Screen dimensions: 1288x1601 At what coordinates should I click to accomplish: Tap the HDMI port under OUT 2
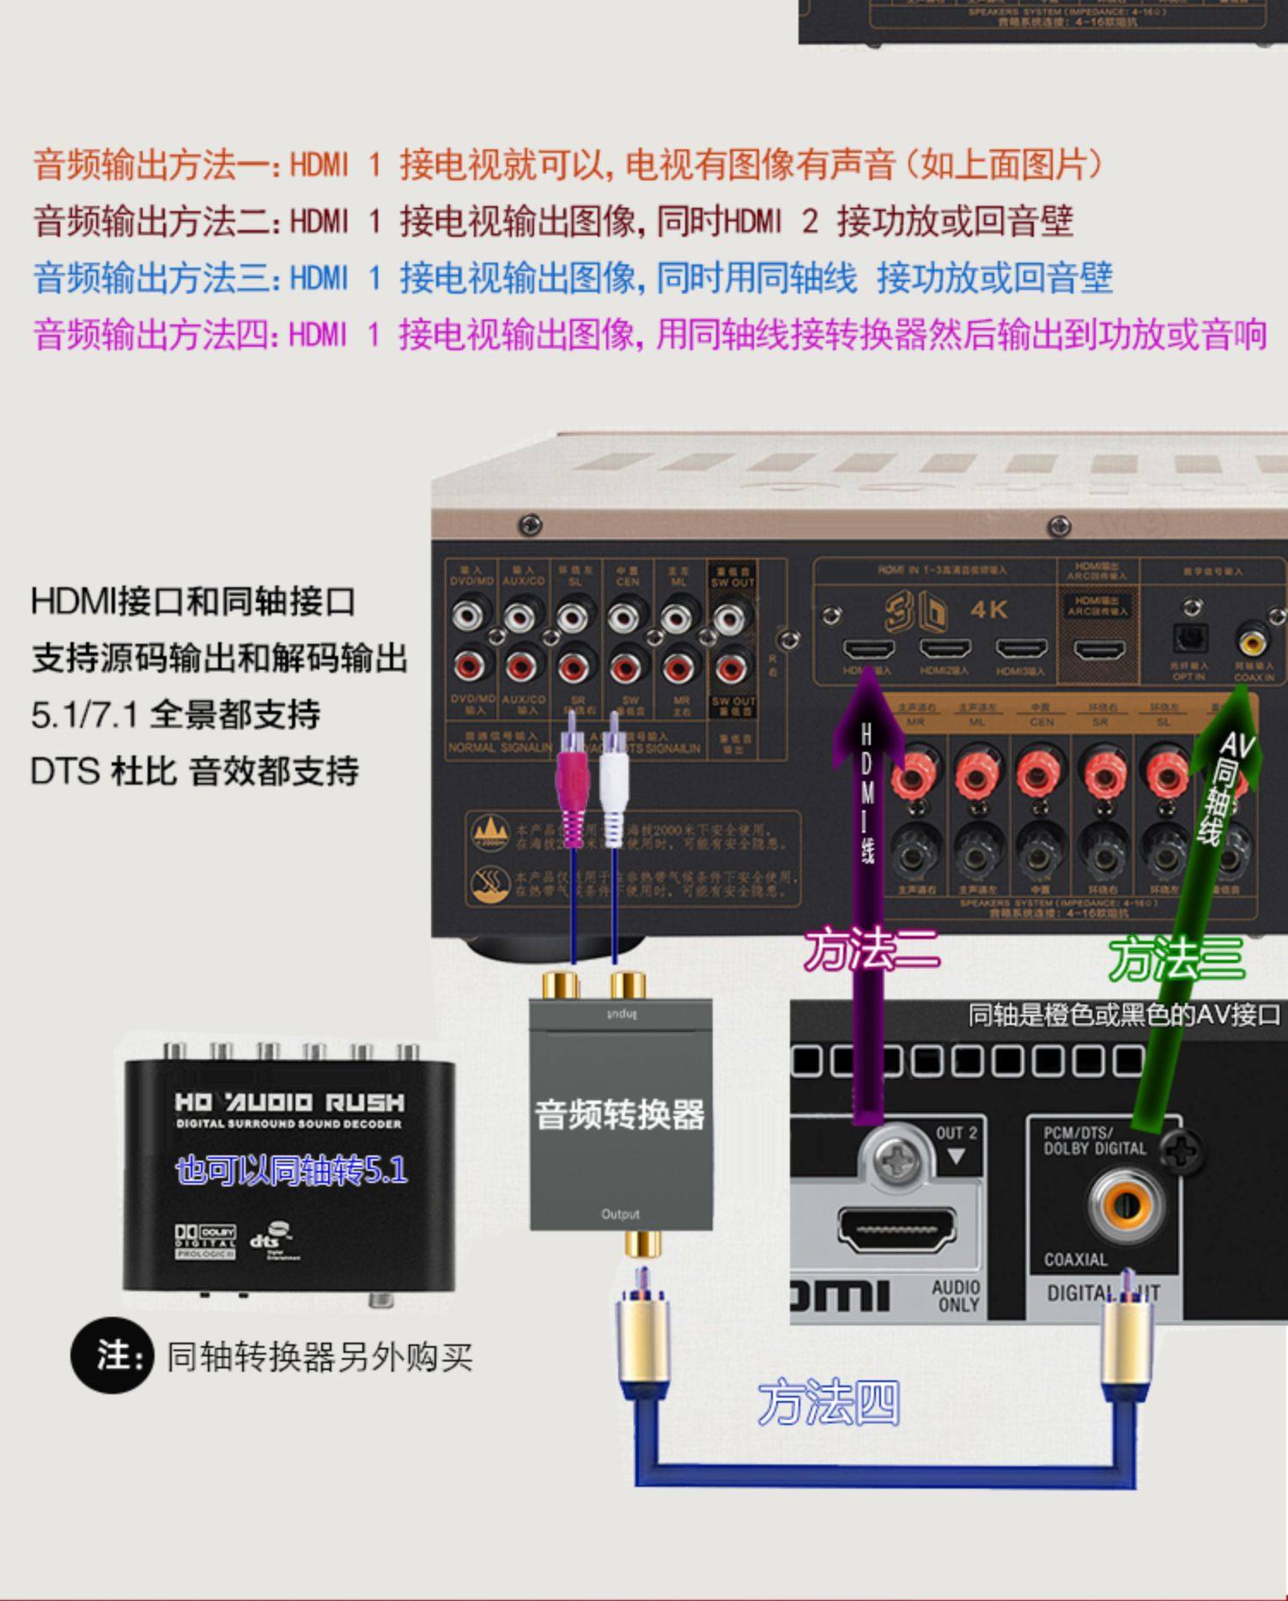click(x=896, y=1228)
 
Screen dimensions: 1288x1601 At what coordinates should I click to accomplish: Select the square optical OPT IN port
click(x=1190, y=638)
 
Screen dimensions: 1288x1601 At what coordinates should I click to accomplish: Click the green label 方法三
click(x=1176, y=958)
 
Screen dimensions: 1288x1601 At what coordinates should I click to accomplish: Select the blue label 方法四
click(x=829, y=1403)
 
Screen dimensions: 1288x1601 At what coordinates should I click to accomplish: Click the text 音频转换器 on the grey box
click(x=620, y=1115)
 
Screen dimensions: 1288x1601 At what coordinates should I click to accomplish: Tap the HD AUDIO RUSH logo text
click(x=289, y=1102)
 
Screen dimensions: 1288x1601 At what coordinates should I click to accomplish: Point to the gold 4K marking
click(x=988, y=609)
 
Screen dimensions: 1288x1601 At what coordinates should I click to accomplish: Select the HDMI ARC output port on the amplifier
click(x=1099, y=648)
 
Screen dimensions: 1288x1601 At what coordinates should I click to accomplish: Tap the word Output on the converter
click(x=620, y=1214)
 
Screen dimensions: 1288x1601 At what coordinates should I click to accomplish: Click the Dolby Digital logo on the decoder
click(x=205, y=1240)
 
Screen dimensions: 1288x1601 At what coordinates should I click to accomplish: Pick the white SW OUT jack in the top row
click(x=730, y=616)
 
